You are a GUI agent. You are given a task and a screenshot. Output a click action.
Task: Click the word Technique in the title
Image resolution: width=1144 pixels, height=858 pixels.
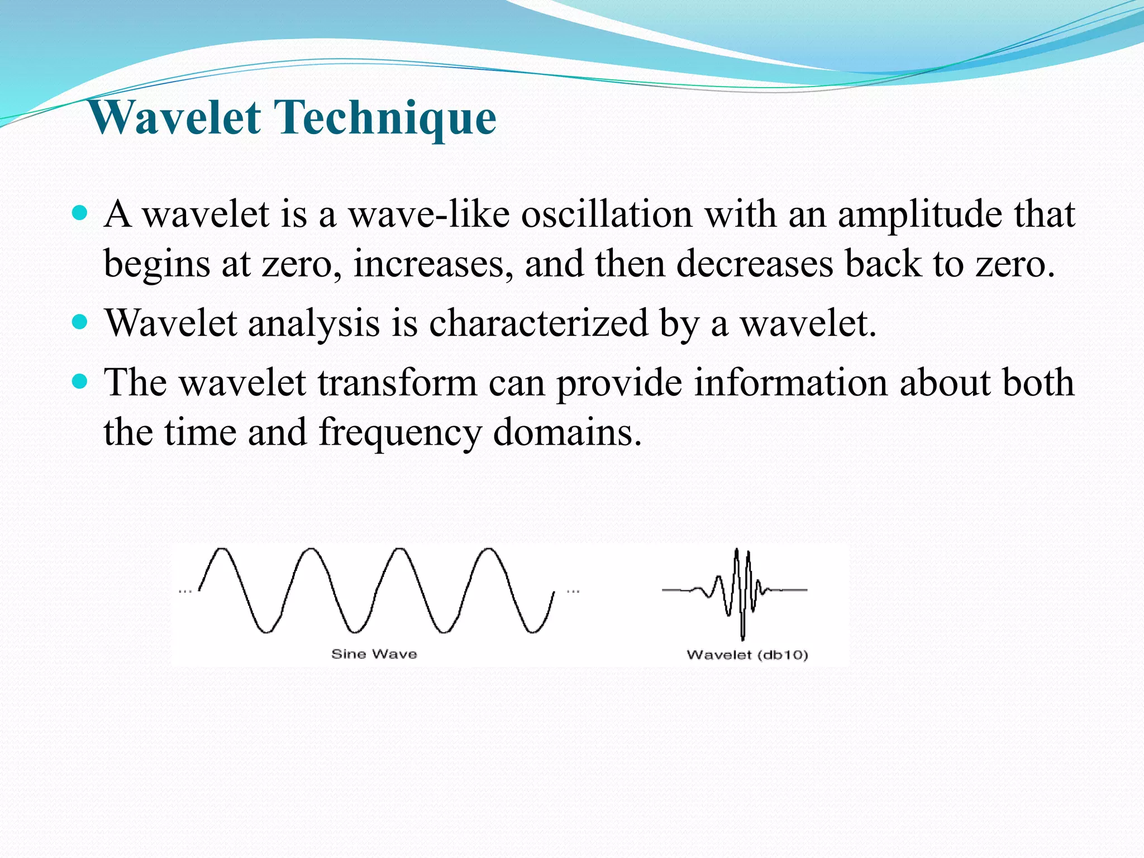[387, 119]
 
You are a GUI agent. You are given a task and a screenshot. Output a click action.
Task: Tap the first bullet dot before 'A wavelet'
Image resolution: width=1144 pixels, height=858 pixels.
[80, 213]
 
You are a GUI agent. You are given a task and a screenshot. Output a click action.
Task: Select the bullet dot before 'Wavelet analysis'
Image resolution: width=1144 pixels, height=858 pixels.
[80, 322]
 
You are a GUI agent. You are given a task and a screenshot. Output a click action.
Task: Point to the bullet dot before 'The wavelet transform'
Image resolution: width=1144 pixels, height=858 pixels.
[80, 382]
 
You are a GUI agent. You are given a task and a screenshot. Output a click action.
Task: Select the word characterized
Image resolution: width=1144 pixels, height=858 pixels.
[538, 323]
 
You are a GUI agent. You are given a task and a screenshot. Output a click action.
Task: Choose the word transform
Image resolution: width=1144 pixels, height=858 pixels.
[397, 383]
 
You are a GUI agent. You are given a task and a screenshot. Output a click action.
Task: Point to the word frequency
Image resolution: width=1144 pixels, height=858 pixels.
[400, 433]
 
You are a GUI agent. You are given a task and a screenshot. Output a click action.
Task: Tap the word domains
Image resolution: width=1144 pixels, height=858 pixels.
[568, 432]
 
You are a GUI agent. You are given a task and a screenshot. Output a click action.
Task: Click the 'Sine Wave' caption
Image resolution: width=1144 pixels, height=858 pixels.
[374, 654]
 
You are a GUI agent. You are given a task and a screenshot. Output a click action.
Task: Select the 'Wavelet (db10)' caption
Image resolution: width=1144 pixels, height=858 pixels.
[747, 655]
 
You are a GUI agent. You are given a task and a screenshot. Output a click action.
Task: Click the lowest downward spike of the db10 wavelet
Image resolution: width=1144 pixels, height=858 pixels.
[742, 637]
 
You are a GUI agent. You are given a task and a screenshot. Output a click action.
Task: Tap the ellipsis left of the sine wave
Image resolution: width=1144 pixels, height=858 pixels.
[185, 591]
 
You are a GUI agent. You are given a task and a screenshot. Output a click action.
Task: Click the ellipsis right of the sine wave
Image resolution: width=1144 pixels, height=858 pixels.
[573, 591]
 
